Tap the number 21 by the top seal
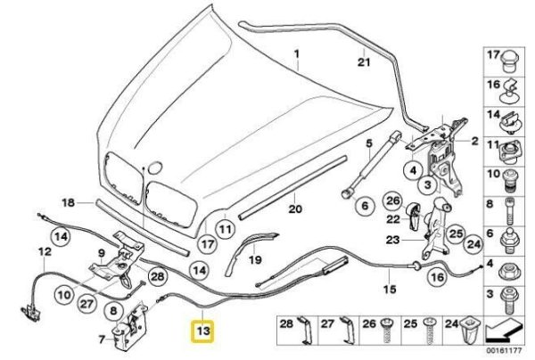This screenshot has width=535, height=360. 363,62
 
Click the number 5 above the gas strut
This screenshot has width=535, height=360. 366,143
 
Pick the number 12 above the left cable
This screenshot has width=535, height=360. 42,253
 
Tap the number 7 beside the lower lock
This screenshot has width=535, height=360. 102,339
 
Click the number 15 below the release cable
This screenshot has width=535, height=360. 389,289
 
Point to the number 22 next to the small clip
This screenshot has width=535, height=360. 390,219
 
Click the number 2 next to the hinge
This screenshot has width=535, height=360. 475,141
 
